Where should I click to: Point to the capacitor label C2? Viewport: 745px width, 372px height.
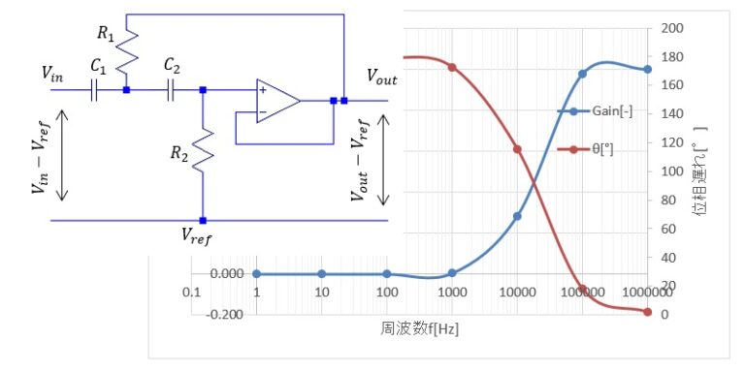[172, 66]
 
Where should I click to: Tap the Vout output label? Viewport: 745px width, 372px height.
[381, 75]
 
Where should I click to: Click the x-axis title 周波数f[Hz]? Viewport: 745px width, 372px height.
[419, 329]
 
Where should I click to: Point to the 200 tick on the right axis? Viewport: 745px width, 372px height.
[671, 28]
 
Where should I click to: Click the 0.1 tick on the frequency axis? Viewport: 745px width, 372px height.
[191, 292]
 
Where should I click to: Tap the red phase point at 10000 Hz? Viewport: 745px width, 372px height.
[517, 149]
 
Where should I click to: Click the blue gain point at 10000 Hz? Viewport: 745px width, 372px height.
[517, 215]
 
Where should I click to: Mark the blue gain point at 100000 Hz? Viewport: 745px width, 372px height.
[583, 74]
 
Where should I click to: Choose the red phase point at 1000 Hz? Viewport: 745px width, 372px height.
[451, 67]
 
